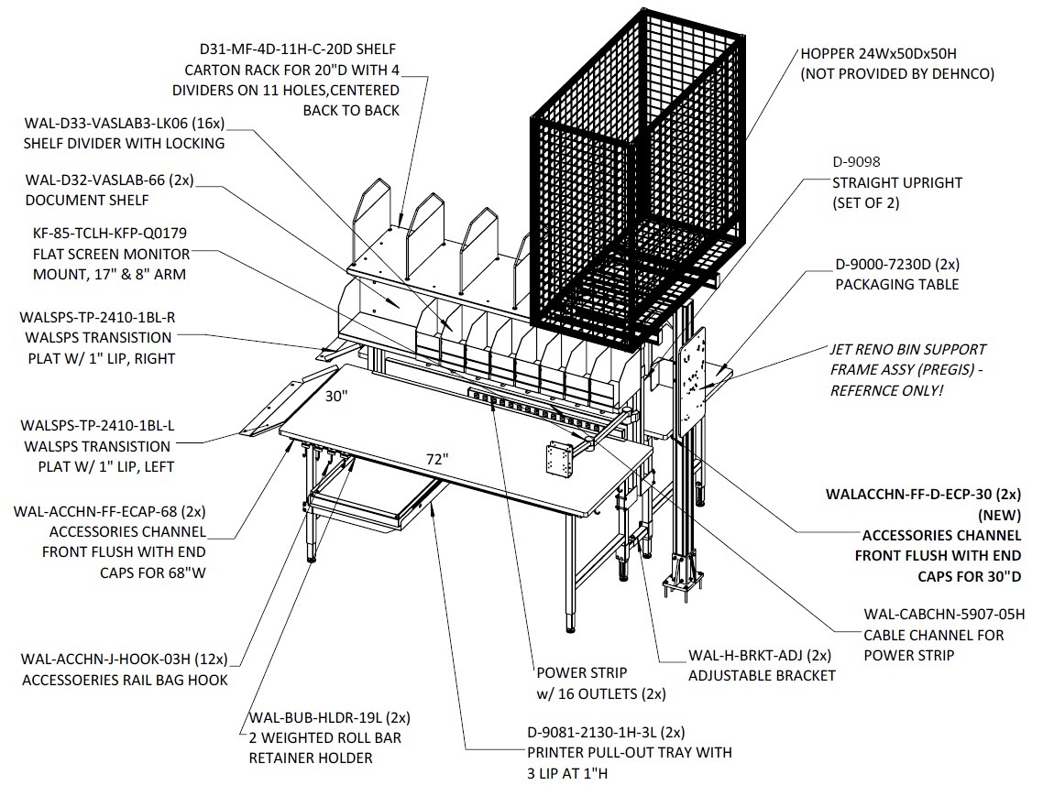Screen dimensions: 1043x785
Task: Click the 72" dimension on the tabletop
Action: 437,459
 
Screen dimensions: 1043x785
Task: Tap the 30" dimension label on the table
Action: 336,396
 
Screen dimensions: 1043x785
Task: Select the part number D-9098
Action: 856,161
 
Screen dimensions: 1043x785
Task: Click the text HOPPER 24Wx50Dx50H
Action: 878,54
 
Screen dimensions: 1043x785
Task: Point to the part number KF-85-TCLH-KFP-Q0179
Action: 110,234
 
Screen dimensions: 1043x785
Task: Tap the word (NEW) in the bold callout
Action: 999,515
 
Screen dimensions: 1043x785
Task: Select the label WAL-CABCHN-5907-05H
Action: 944,615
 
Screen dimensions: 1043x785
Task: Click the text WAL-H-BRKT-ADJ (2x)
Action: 760,655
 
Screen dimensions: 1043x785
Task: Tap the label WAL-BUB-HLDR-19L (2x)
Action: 330,718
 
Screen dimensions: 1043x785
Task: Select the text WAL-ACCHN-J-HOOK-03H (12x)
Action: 125,660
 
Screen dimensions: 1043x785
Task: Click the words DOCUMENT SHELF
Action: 87,200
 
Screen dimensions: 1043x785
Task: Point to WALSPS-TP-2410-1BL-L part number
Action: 98,425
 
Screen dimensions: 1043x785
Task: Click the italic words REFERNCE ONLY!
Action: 886,390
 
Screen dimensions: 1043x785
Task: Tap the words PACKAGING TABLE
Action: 896,285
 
